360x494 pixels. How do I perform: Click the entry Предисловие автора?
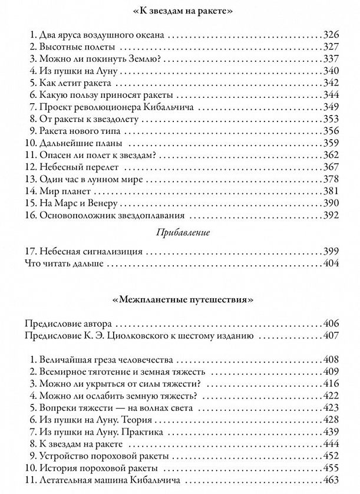(x=69, y=324)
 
